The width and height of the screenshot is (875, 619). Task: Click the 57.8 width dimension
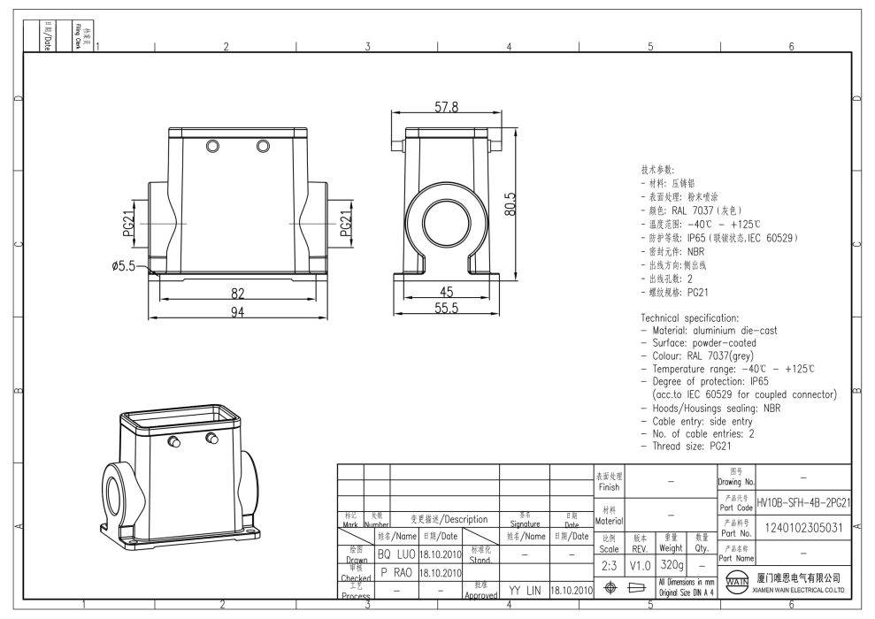(446, 107)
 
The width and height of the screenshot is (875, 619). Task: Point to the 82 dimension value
(236, 293)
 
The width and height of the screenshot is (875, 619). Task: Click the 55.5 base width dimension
(446, 308)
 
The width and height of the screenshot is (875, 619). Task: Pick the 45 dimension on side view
(446, 293)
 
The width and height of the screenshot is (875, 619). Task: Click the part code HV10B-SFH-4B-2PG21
(805, 502)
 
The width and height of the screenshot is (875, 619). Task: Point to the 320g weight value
(671, 563)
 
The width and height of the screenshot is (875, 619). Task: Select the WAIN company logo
(738, 585)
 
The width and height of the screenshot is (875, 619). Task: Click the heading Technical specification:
(689, 317)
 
